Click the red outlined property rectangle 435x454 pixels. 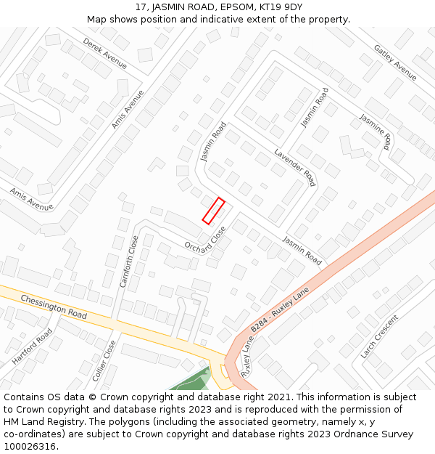click(213, 211)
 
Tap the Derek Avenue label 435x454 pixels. click(104, 54)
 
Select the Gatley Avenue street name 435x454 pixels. click(395, 62)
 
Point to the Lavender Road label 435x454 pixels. click(295, 168)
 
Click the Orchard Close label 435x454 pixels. click(205, 243)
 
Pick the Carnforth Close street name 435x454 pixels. click(128, 261)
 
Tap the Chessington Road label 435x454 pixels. click(54, 307)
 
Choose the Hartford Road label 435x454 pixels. click(32, 346)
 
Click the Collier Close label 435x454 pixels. click(104, 361)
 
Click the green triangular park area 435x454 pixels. click(193, 381)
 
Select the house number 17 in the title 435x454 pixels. click(141, 7)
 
